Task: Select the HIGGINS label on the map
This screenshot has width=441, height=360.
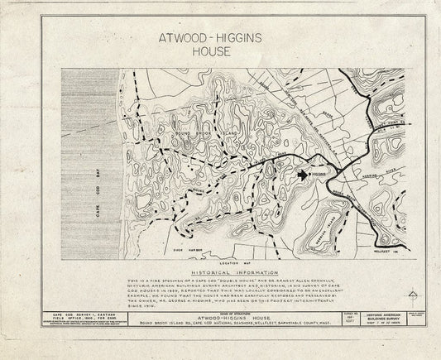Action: point(319,175)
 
